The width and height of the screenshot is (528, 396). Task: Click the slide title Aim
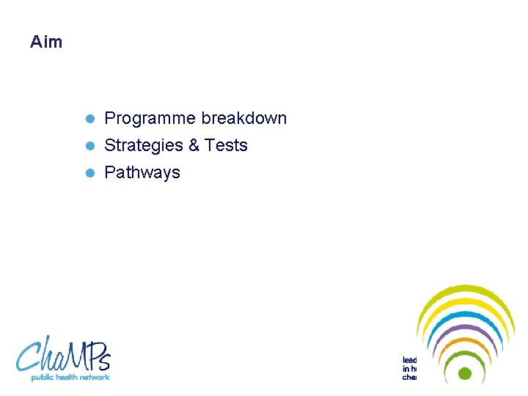click(x=46, y=43)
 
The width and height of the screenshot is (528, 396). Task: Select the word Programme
click(x=150, y=118)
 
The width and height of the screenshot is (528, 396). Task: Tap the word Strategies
click(x=144, y=145)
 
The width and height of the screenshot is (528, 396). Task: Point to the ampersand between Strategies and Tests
click(x=194, y=145)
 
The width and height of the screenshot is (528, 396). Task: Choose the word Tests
click(x=226, y=145)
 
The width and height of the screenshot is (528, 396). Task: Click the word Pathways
click(x=142, y=173)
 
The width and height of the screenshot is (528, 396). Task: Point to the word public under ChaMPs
click(x=43, y=377)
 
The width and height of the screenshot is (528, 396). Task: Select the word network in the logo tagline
click(x=95, y=377)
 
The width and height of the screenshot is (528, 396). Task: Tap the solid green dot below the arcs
click(x=464, y=373)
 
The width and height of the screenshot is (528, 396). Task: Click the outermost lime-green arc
click(x=465, y=289)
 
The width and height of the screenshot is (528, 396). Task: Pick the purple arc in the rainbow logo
click(x=464, y=328)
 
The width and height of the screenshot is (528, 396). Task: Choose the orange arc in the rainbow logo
click(x=464, y=340)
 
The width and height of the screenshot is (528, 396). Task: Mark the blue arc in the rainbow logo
click(x=464, y=315)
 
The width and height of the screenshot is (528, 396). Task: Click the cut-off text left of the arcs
click(x=409, y=369)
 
